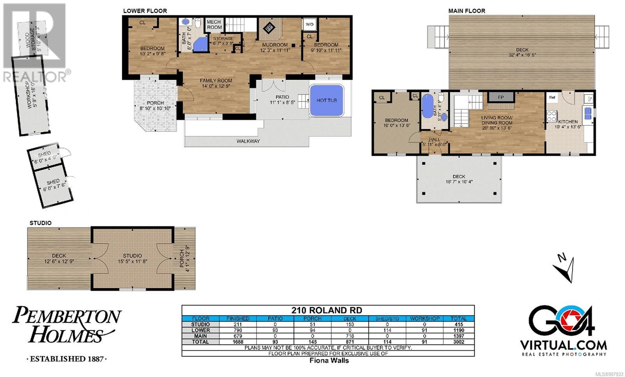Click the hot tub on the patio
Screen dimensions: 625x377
(327, 100)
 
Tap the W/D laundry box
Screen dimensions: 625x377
(309, 24)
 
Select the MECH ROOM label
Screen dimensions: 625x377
(214, 25)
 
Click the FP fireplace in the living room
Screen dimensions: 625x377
(501, 97)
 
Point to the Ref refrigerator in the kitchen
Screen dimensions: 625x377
(552, 97)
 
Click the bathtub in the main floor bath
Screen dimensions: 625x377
(427, 106)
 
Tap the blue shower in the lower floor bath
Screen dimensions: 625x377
(201, 45)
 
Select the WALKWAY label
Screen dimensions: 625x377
(248, 141)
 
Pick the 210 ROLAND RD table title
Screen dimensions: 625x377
(327, 310)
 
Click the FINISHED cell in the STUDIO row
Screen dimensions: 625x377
(238, 324)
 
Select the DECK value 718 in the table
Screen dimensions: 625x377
(350, 336)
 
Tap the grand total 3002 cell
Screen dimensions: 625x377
(459, 342)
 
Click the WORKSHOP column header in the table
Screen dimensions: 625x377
(425, 318)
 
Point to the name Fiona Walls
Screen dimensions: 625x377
(329, 360)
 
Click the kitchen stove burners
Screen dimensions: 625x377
(552, 116)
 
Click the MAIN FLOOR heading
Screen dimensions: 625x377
(467, 11)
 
